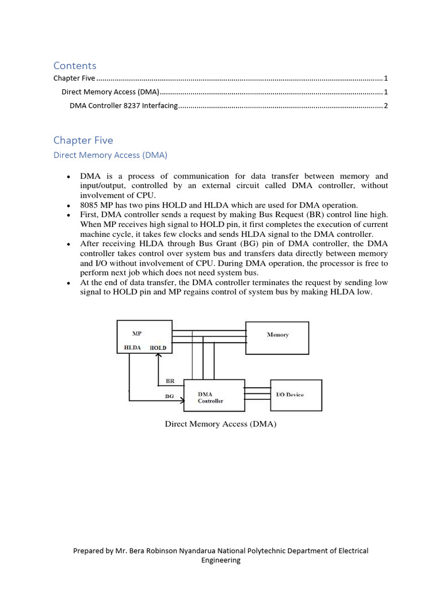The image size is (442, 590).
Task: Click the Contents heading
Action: (75, 66)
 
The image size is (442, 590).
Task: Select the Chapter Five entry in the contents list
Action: (75, 78)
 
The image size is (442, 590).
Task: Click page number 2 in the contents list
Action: (386, 106)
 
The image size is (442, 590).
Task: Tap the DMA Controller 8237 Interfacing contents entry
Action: (124, 106)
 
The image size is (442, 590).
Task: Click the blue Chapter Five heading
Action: (83, 140)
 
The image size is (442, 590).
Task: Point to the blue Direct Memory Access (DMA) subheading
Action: (110, 155)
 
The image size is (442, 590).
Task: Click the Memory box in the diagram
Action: (277, 335)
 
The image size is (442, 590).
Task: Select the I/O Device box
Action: (296, 395)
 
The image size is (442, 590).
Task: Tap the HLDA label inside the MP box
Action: (133, 348)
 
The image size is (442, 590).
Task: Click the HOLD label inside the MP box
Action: (158, 348)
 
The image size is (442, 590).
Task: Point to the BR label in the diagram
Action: (170, 381)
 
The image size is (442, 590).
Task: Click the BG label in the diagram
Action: (169, 396)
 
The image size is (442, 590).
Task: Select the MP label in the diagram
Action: (137, 334)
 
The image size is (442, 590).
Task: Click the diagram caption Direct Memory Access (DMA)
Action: (220, 424)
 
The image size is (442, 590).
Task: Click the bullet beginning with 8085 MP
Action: (219, 205)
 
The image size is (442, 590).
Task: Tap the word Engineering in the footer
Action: (220, 560)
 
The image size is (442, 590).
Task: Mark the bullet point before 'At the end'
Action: (69, 283)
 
